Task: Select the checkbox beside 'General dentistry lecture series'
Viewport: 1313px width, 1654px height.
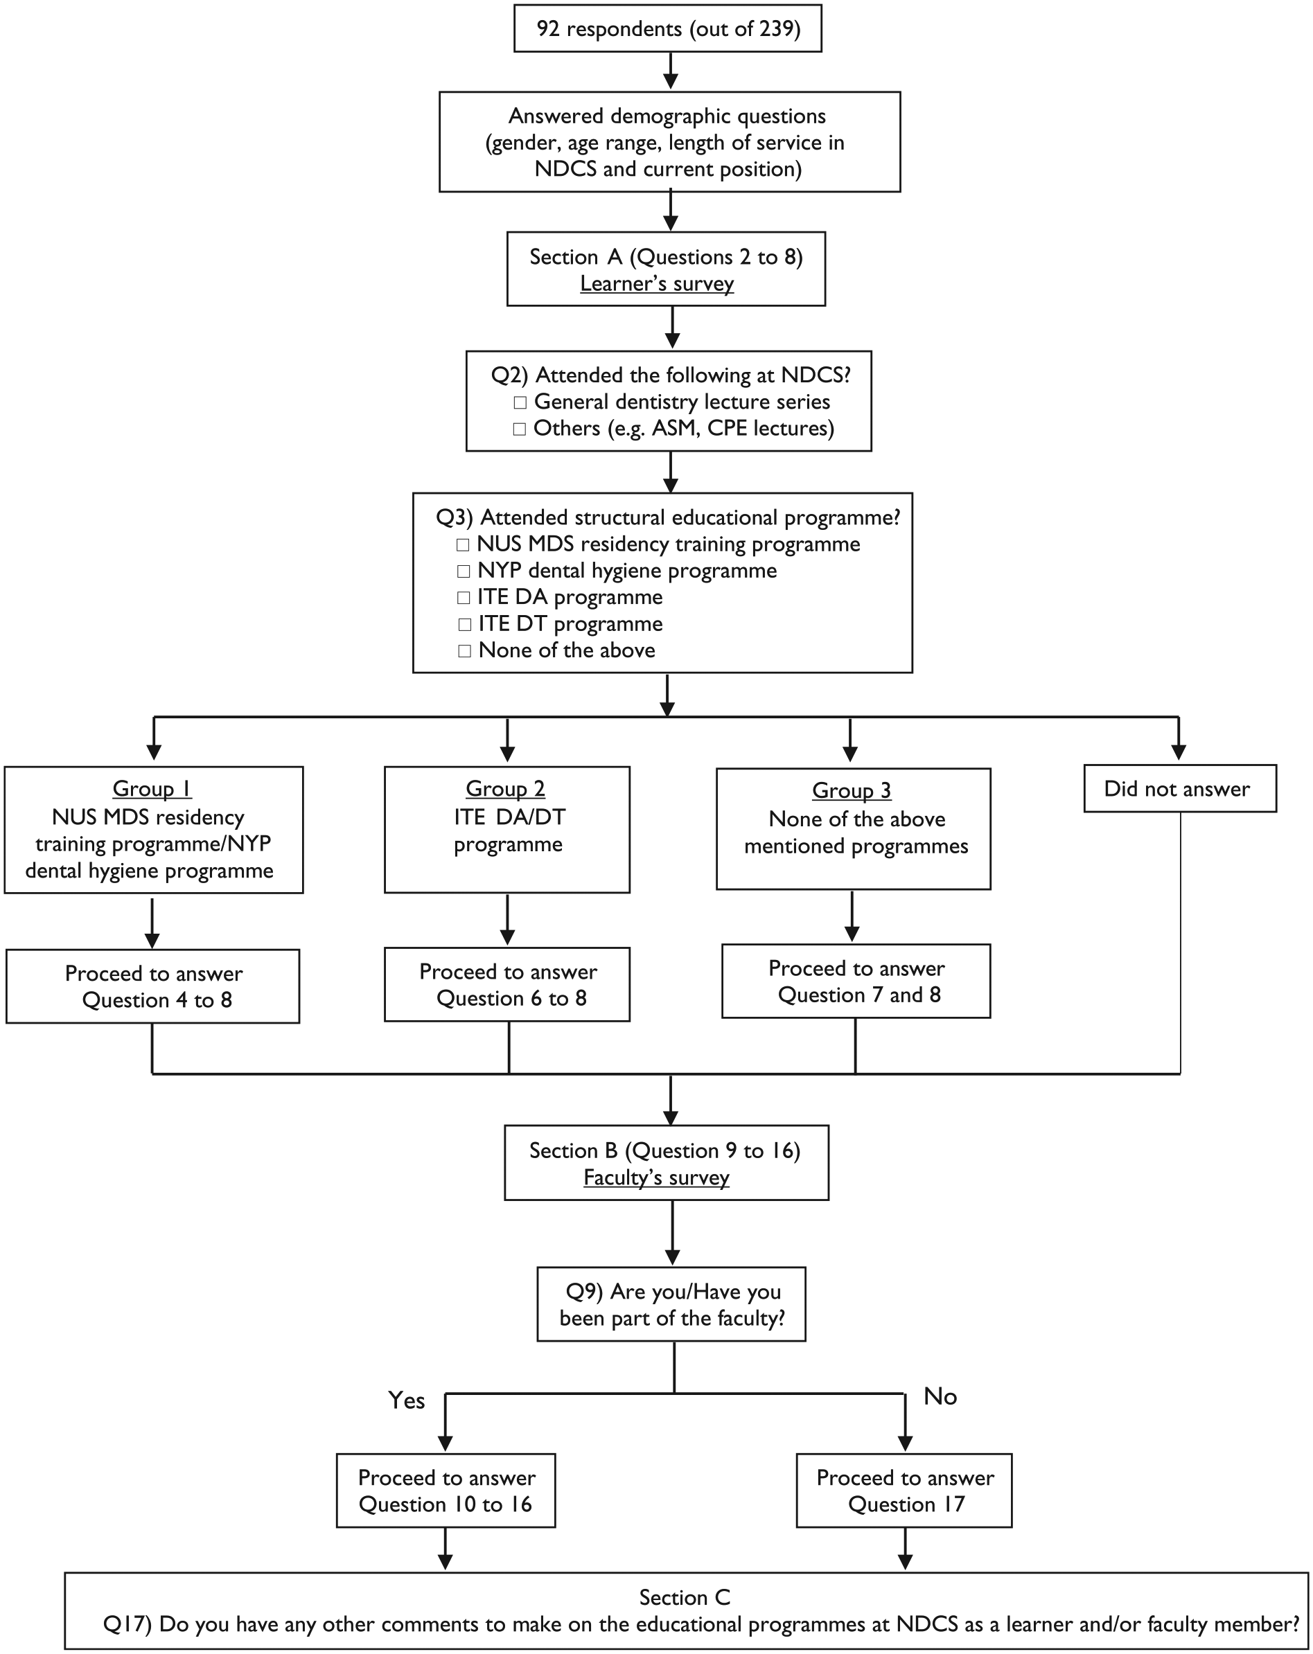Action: [x=520, y=402]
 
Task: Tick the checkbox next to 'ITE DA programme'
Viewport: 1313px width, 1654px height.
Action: [x=464, y=598]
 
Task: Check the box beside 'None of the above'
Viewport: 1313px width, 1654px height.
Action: [x=464, y=650]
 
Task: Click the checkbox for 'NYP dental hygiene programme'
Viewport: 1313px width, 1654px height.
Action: [x=464, y=571]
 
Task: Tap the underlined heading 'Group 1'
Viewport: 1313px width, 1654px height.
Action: [x=152, y=789]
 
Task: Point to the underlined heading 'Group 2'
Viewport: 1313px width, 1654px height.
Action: [x=506, y=789]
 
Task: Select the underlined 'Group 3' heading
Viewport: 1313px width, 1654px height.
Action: [x=852, y=791]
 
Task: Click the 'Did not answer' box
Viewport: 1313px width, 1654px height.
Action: [x=1179, y=788]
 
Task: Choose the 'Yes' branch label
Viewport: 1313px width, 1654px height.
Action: [x=407, y=1400]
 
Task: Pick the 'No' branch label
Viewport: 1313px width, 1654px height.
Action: [x=940, y=1396]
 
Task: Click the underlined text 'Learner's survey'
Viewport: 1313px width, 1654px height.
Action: [x=657, y=284]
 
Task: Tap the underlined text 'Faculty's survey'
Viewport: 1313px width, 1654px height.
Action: [x=656, y=1177]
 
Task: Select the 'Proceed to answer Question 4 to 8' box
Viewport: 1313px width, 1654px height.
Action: [x=152, y=986]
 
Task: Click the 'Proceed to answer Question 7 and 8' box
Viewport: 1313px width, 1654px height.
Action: [x=856, y=981]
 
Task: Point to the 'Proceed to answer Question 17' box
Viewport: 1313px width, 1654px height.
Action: [x=904, y=1491]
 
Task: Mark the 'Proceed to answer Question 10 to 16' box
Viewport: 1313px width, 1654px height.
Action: [x=446, y=1491]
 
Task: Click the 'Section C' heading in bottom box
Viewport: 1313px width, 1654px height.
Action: [x=685, y=1597]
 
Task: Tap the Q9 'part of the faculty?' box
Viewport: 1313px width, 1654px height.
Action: [x=671, y=1304]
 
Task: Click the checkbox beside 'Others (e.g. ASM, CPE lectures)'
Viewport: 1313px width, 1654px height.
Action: [x=520, y=429]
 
